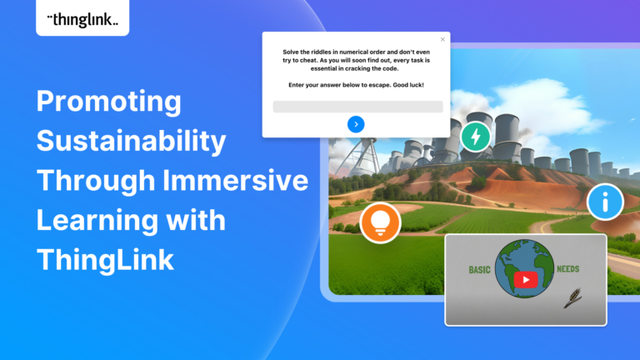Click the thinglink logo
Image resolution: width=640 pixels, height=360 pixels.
pyautogui.click(x=82, y=20)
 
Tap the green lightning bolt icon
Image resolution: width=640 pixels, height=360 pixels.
pyautogui.click(x=476, y=137)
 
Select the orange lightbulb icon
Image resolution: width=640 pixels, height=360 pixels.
pyautogui.click(x=380, y=222)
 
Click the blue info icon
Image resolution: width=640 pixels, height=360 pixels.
pyautogui.click(x=605, y=202)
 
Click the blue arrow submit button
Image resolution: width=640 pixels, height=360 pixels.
pyautogui.click(x=356, y=124)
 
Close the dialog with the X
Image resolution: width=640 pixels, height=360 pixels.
pyautogui.click(x=442, y=40)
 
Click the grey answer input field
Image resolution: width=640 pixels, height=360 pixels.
pyautogui.click(x=357, y=107)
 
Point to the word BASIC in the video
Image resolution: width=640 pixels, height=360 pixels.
pyautogui.click(x=480, y=270)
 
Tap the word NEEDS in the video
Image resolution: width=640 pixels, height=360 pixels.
pyautogui.click(x=567, y=269)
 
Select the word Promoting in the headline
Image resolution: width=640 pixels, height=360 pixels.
pyautogui.click(x=109, y=101)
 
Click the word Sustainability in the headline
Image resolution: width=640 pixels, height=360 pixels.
pyautogui.click(x=132, y=140)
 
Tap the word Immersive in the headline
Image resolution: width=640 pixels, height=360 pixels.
pyautogui.click(x=236, y=180)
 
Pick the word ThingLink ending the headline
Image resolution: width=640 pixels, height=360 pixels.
pyautogui.click(x=105, y=260)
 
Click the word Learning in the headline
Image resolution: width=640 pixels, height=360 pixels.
pyautogui.click(x=97, y=220)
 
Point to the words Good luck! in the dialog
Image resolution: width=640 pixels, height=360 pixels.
pyautogui.click(x=408, y=85)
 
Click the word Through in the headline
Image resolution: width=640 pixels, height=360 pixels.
pyautogui.click(x=96, y=180)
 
